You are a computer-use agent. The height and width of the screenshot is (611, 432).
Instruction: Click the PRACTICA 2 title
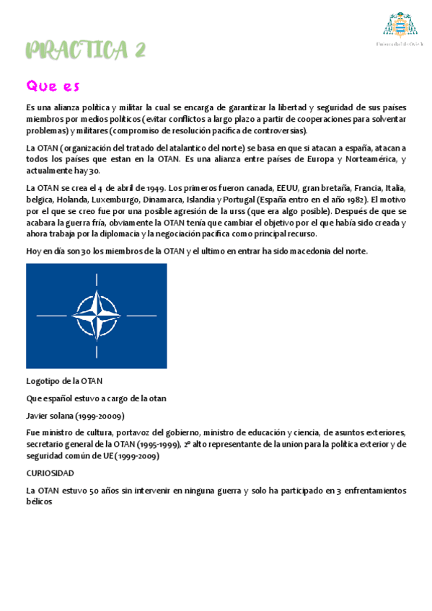click(86, 50)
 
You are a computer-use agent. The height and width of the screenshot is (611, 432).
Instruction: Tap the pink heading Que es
click(53, 86)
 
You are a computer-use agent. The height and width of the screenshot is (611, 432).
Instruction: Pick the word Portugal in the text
click(242, 200)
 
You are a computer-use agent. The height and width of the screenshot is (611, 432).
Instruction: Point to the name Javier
click(38, 416)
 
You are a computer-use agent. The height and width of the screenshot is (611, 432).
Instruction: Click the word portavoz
click(126, 432)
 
